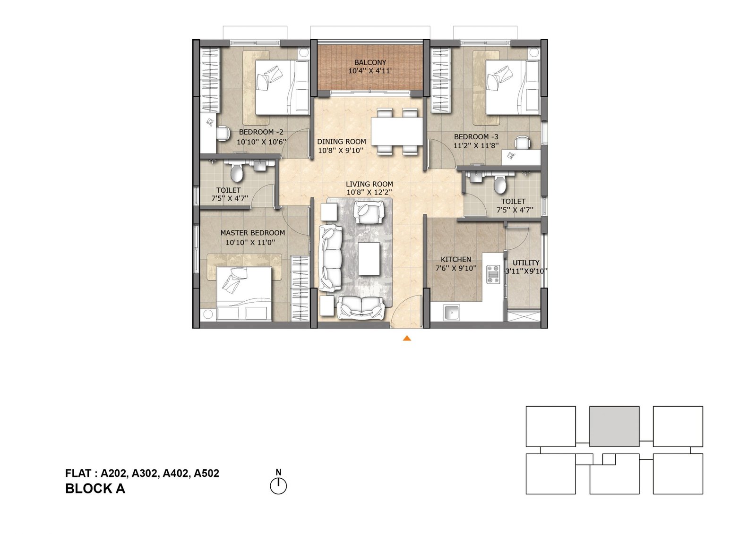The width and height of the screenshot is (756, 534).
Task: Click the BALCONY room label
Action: [x=370, y=62]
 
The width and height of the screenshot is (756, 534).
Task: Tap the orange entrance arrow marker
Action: [x=407, y=339]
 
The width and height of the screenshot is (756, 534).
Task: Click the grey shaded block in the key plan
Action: [x=614, y=426]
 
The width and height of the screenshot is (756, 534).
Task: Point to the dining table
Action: [x=397, y=131]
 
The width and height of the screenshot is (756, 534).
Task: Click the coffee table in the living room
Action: [x=369, y=259]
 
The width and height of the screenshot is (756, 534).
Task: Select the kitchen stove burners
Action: [x=493, y=274]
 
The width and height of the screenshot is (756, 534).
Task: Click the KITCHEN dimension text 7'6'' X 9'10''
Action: [x=456, y=268]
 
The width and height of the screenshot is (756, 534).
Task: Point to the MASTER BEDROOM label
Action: [x=252, y=233]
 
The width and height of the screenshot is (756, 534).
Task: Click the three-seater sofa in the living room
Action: [x=331, y=258]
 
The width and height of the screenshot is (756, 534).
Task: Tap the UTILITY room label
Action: [x=526, y=263]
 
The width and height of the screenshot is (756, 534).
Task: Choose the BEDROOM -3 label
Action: [x=476, y=136]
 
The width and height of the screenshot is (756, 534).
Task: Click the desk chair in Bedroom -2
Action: [x=223, y=133]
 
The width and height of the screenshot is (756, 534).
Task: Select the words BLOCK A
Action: [x=95, y=489]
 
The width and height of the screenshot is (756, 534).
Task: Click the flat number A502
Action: [x=206, y=473]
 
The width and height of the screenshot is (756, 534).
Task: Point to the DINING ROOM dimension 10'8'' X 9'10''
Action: [x=341, y=151]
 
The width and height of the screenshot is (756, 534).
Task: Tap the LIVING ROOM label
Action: [x=369, y=184]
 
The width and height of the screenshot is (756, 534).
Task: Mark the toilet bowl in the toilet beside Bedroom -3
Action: [x=500, y=185]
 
